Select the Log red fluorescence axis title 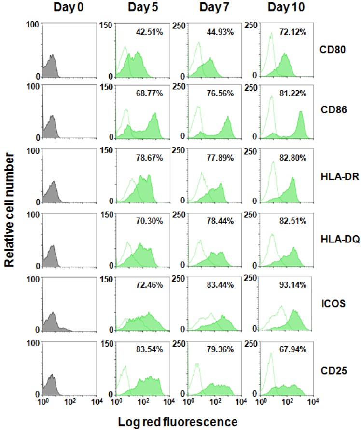178,422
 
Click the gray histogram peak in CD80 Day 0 53,56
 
